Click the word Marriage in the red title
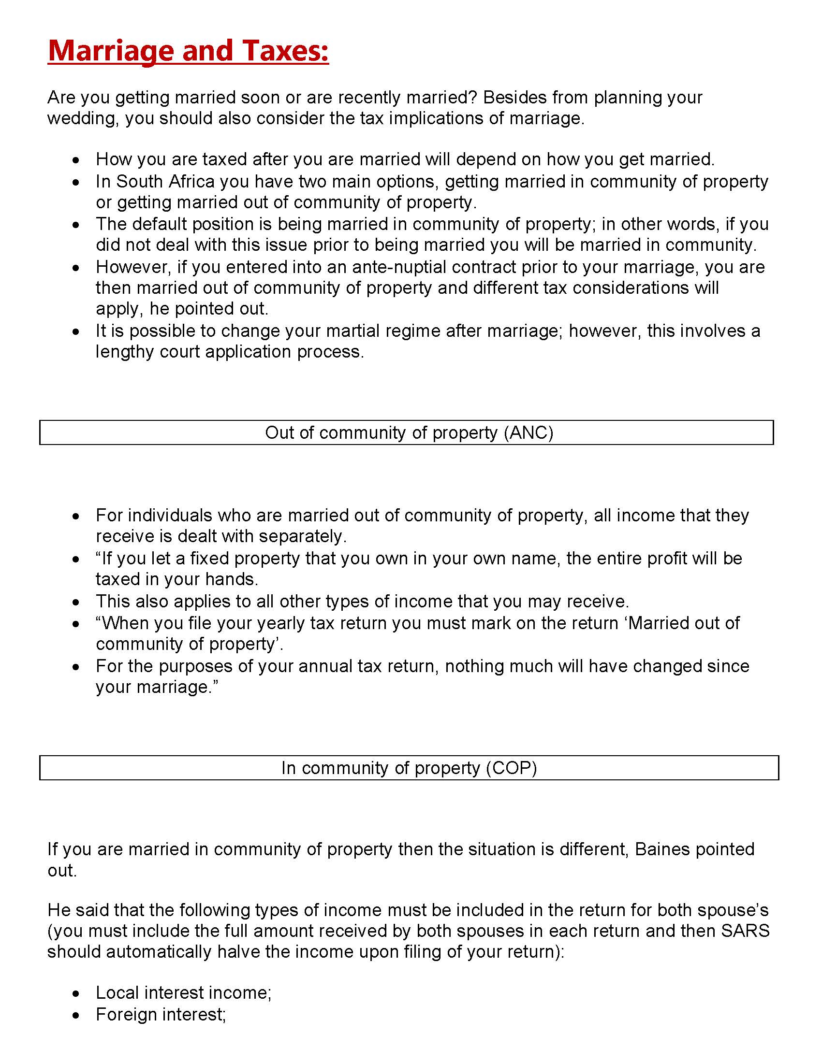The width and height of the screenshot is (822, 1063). (x=111, y=51)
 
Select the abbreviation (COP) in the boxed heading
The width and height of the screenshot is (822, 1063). (x=512, y=768)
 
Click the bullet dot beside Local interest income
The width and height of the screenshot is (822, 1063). (x=75, y=993)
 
